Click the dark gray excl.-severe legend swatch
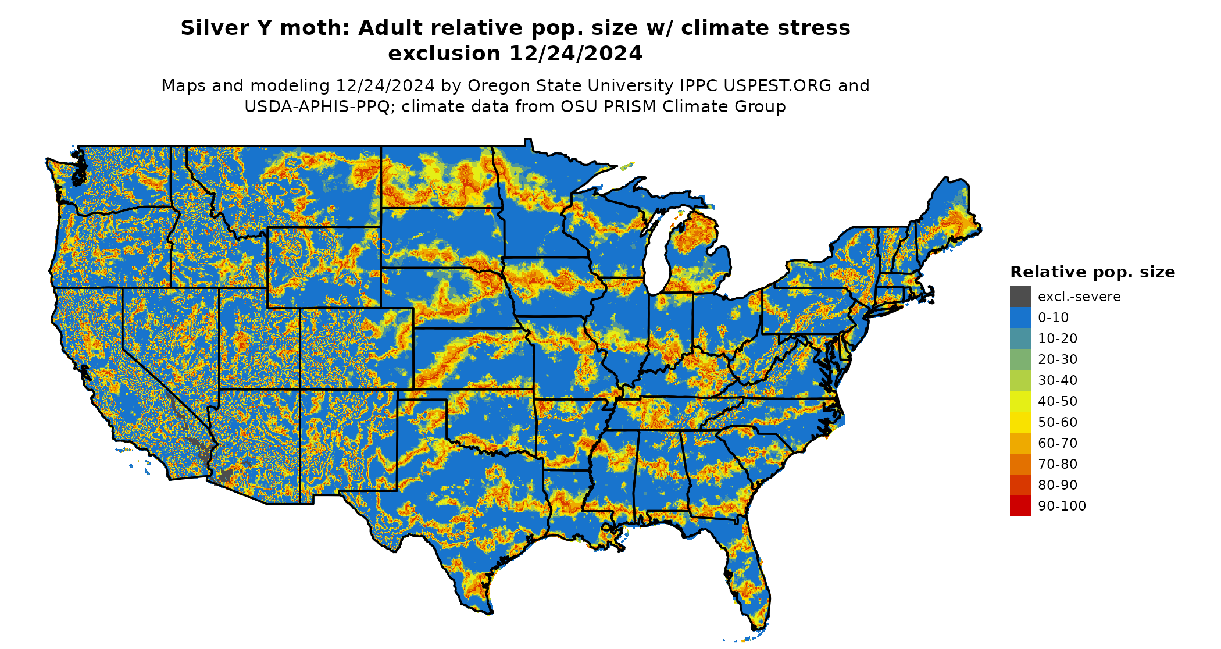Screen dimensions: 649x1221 1020,297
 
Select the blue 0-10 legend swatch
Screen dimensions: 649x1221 1020,318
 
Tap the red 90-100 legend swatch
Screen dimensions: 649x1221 1020,506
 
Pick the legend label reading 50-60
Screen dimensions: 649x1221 1058,422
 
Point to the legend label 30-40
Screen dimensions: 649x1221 1058,380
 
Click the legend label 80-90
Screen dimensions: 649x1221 1058,485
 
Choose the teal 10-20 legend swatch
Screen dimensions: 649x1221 1020,338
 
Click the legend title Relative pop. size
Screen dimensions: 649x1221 1093,272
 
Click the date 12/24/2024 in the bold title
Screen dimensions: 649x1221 576,54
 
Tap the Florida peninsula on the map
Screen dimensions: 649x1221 750,576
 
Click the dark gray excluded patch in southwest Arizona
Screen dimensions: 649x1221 226,475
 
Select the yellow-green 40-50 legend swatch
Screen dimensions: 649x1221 1020,401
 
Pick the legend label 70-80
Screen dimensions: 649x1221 1058,464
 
